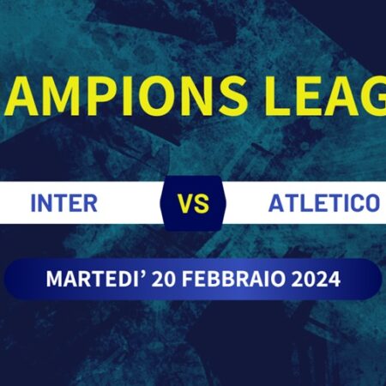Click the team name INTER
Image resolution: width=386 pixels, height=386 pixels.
(x=63, y=204)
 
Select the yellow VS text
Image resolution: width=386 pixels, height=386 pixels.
(x=192, y=205)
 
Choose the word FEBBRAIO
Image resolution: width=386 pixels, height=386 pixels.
(x=225, y=280)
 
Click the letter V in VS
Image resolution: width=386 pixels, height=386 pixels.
(x=184, y=205)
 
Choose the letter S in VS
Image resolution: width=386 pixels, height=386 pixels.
(x=202, y=205)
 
